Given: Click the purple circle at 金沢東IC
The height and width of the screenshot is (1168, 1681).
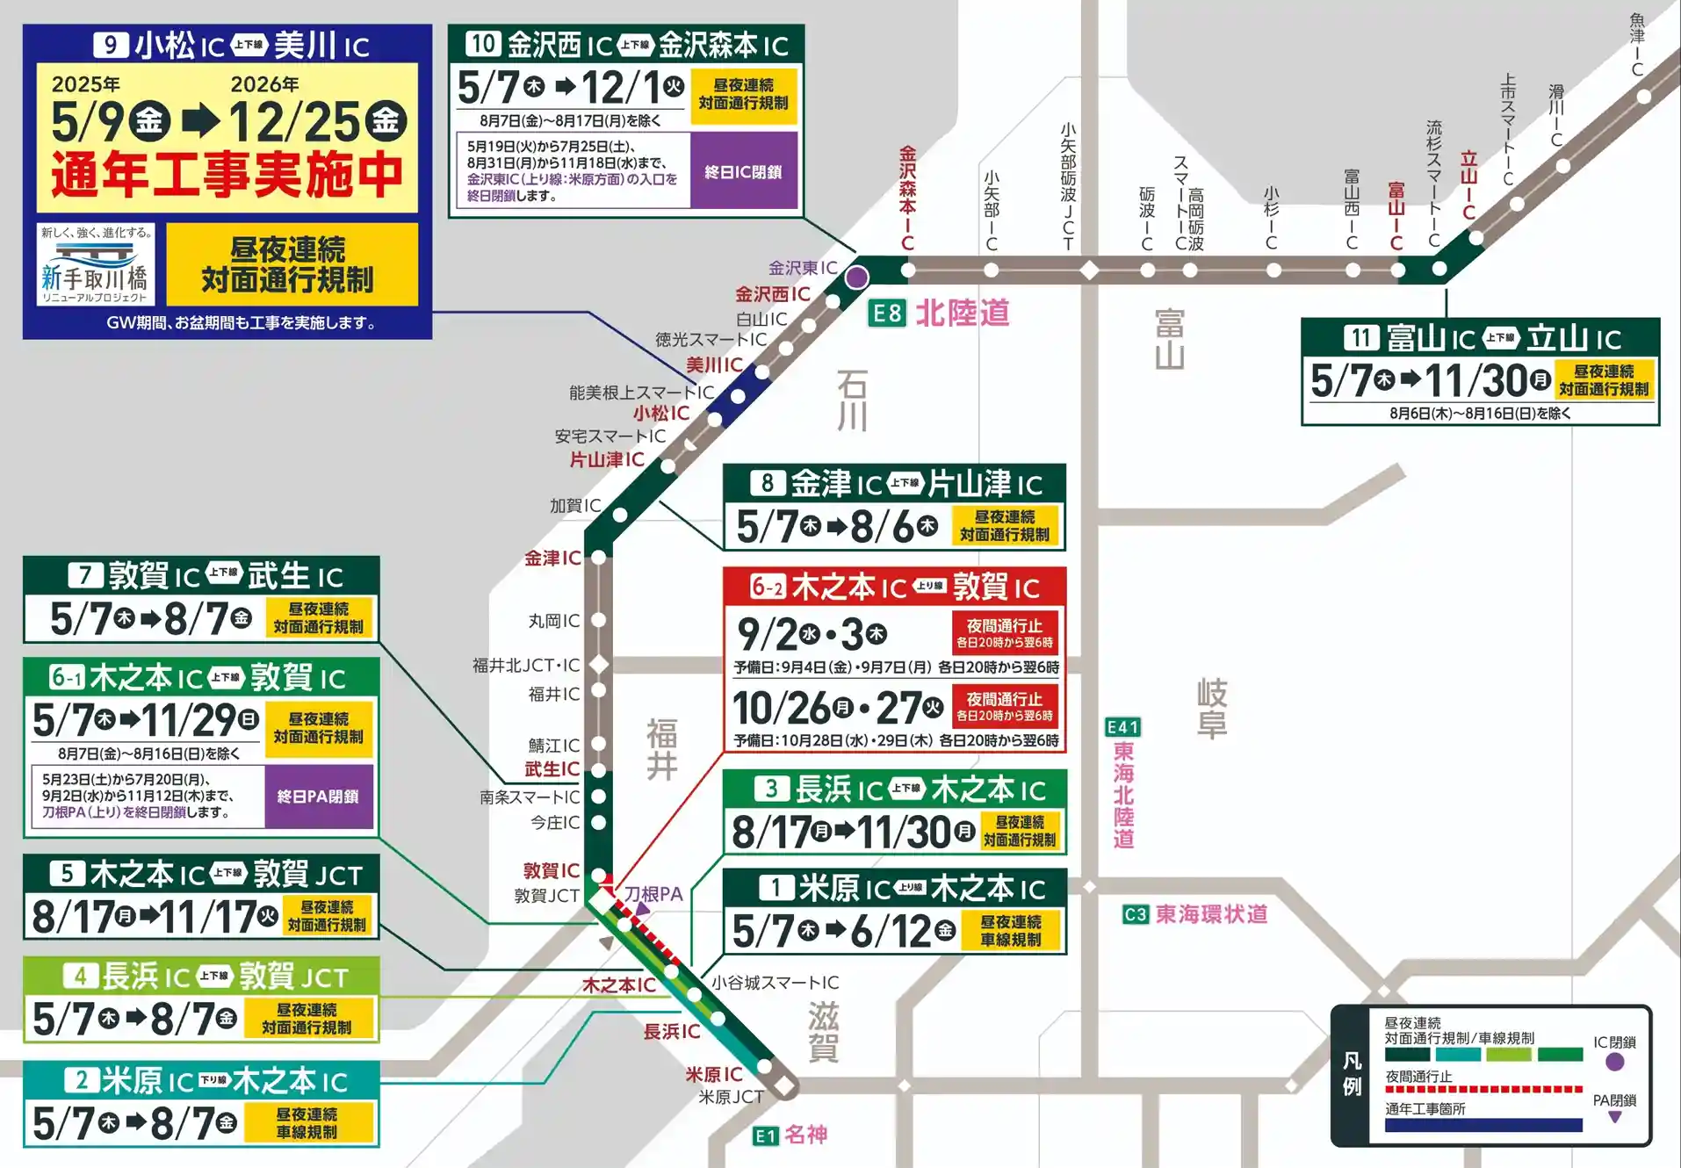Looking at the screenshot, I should pos(857,278).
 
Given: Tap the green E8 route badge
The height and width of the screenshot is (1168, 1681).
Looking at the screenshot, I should pos(886,313).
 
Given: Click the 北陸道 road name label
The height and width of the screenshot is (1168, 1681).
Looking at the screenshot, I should pos(963,313).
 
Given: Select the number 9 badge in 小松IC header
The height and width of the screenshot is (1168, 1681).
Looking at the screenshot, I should pos(111,45).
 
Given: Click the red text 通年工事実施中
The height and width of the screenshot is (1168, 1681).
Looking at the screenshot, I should pos(227,176).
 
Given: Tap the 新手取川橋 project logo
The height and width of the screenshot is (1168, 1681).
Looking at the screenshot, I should pos(96,264).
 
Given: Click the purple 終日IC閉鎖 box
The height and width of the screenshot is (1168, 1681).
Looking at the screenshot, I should pos(743,171).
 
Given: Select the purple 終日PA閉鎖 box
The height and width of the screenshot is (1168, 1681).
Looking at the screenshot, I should pos(318,796).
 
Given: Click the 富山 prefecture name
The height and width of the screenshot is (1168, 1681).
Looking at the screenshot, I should pos(1169,339).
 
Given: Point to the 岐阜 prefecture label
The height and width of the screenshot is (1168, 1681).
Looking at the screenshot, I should pos(1212,708).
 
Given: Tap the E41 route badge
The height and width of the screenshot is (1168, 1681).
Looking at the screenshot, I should pos(1122,727).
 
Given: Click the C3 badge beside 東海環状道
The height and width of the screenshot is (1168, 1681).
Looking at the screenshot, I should pos(1135,914).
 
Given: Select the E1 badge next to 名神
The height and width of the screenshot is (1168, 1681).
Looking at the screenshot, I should pos(765,1136).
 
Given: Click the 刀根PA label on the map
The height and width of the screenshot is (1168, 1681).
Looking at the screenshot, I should pos(653,894).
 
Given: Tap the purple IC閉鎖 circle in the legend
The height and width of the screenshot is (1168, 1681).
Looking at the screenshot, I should pos(1614,1062).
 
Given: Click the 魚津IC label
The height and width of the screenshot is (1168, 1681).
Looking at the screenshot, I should pos(1637,44).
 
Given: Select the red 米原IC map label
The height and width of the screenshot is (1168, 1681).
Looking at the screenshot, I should pos(713,1074).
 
